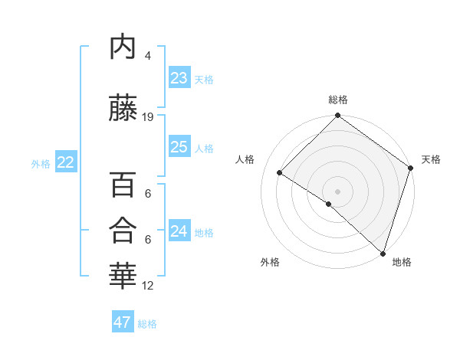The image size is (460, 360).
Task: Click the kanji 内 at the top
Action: [x=123, y=47]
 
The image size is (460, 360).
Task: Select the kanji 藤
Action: [x=123, y=109]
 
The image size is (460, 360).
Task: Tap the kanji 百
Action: [x=123, y=185]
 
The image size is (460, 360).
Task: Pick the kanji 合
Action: [x=123, y=231]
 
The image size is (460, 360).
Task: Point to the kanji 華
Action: [x=123, y=277]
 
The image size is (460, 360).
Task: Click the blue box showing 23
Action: [x=179, y=78]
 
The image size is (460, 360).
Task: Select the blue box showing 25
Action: [x=179, y=147]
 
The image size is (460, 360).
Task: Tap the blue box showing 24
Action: [x=179, y=231]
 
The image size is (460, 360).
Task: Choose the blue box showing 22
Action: [x=65, y=162]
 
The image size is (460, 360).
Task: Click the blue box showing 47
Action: [x=122, y=322]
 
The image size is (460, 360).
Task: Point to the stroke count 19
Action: [x=148, y=117]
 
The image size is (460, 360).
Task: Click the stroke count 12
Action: [x=148, y=286]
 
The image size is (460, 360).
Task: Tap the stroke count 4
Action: [x=148, y=56]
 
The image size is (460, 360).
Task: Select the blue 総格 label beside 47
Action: [x=147, y=324]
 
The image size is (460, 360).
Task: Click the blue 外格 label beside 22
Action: [x=40, y=163]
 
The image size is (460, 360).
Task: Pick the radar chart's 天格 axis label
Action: [x=431, y=159]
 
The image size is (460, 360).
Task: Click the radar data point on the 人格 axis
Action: [x=280, y=173]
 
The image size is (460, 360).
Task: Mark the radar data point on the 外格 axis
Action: [x=328, y=204]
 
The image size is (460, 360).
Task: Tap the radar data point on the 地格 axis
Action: [x=382, y=253]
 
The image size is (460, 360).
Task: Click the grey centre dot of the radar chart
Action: [x=337, y=191]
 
